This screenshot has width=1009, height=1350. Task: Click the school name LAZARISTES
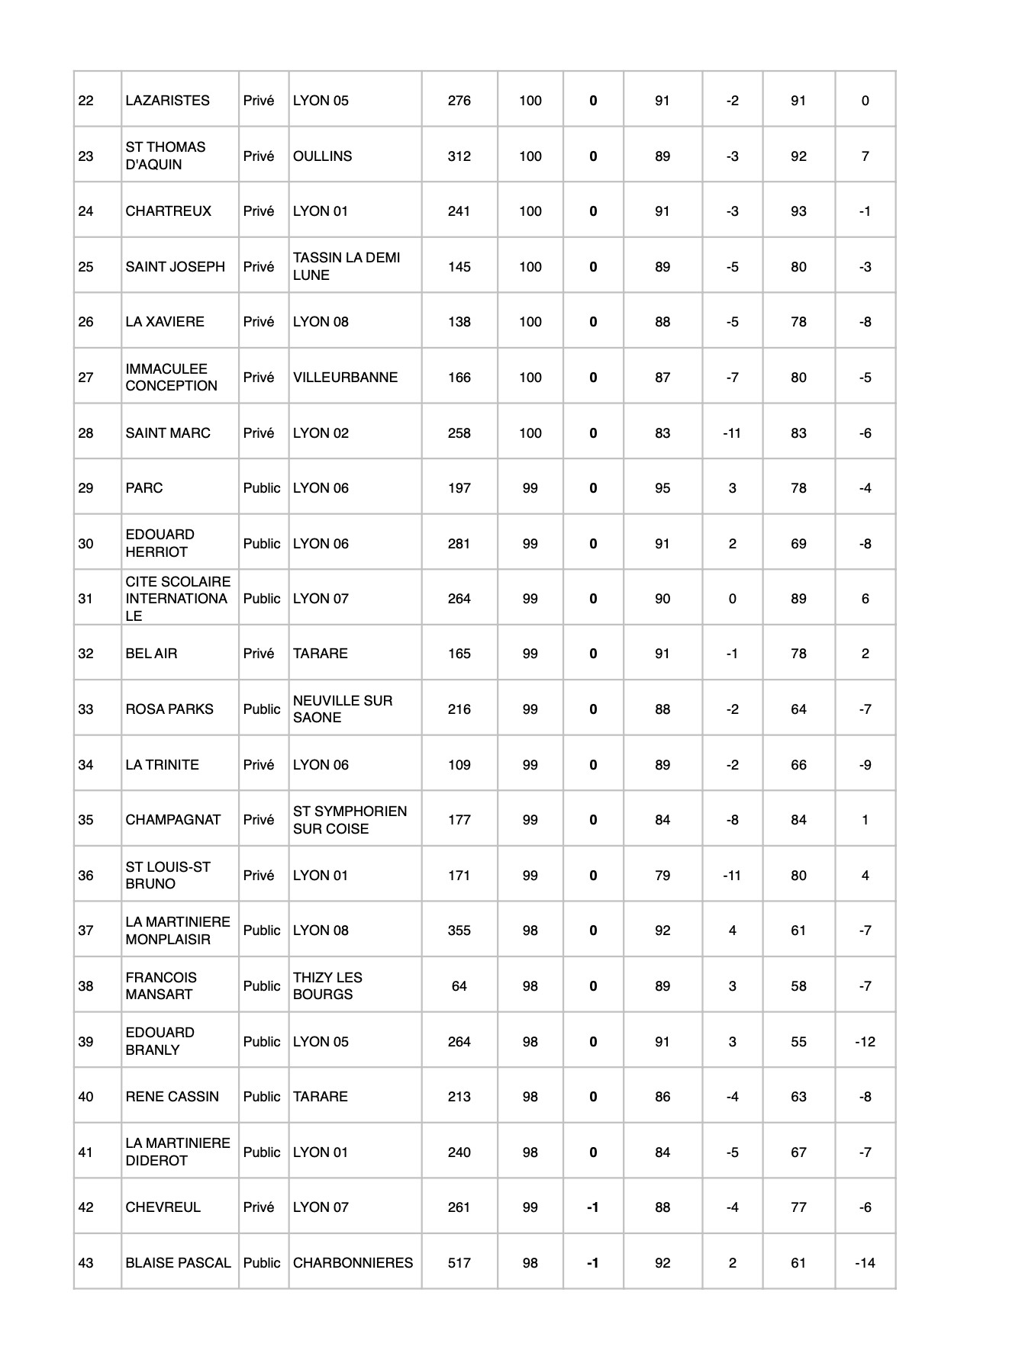coord(167,101)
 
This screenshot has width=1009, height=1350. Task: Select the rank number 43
coord(86,1262)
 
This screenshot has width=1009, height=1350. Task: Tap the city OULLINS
coord(322,156)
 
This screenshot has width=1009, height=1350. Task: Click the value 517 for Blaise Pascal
coord(459,1262)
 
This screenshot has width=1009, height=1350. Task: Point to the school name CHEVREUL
coord(163,1207)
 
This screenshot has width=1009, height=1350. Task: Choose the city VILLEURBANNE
coord(345,378)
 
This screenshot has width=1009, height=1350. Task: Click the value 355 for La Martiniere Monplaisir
coord(459,931)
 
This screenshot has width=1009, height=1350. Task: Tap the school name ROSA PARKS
coord(169,709)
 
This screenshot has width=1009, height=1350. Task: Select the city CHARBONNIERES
coord(353,1262)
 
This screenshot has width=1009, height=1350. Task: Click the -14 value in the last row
coord(865,1262)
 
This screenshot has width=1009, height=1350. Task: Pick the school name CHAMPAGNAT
coord(172,820)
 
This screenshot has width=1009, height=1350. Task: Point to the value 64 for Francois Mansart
coord(459,986)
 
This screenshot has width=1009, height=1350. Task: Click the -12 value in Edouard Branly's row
coord(865,1042)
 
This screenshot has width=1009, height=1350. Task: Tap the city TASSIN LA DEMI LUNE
coord(347,266)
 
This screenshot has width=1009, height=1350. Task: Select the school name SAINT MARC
coord(167,433)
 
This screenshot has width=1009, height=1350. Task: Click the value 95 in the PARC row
coord(662,488)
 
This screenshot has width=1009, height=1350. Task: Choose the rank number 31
coord(85,599)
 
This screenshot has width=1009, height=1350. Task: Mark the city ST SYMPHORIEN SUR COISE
coord(350,820)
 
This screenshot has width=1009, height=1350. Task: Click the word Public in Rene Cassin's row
coord(262,1097)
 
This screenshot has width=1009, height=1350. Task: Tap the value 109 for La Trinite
coord(459,765)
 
